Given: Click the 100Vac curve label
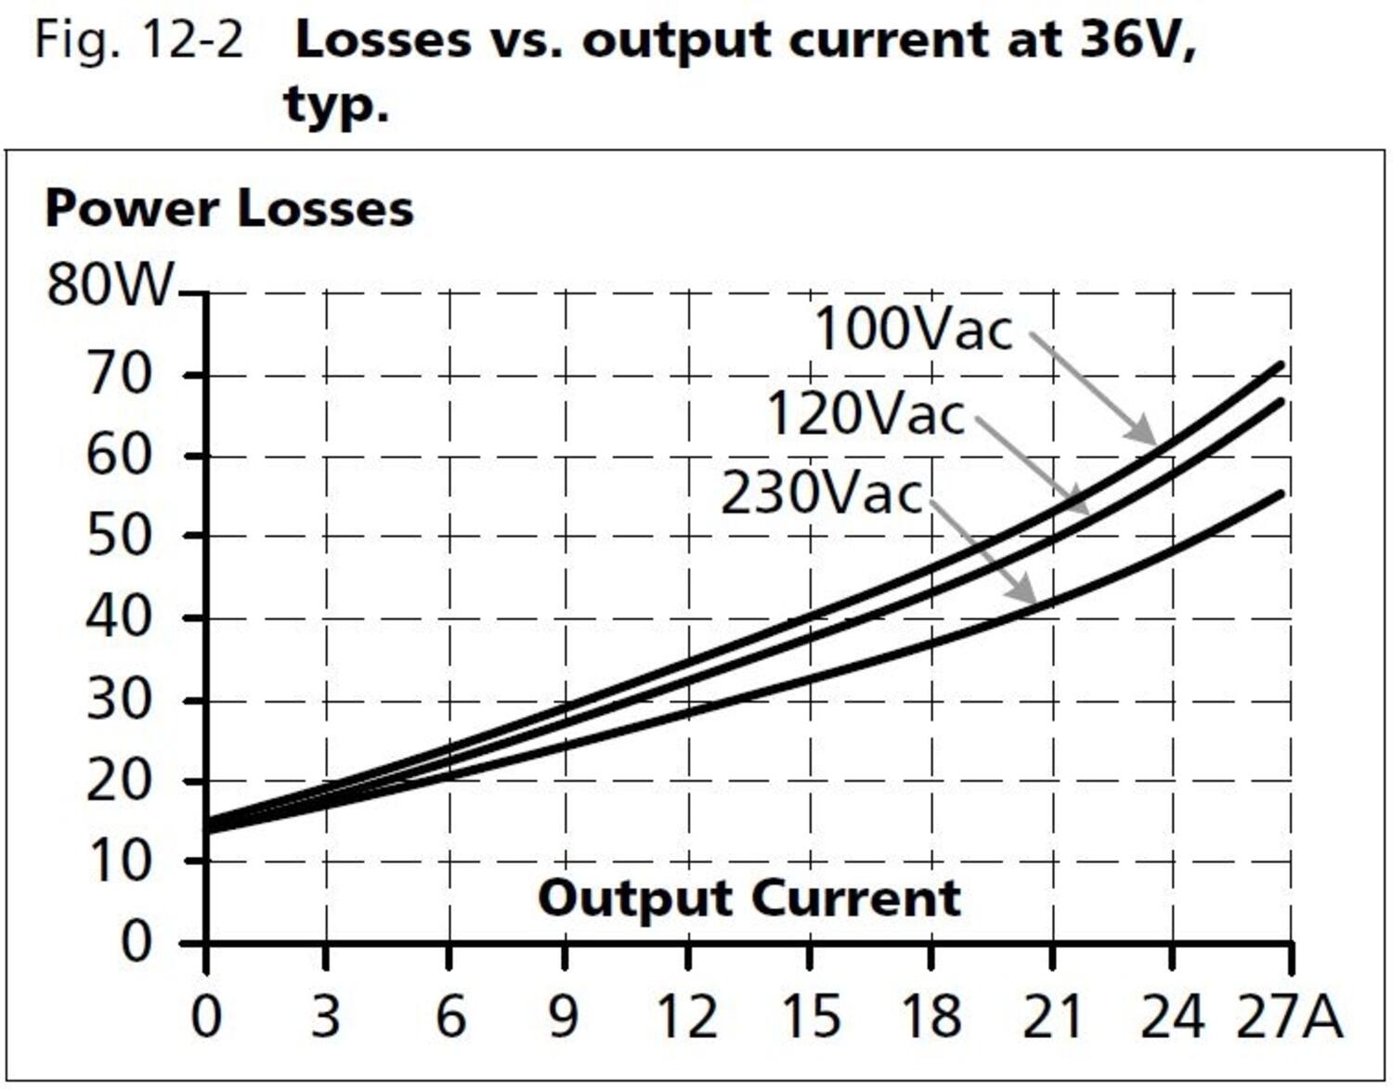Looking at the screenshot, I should (x=913, y=329).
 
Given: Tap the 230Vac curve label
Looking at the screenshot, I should (x=822, y=493).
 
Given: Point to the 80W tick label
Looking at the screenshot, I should (x=110, y=284).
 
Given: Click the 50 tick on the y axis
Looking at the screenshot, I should (x=118, y=536).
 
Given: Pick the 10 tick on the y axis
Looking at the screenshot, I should (x=118, y=862).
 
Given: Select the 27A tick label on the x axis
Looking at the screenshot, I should (x=1289, y=1018).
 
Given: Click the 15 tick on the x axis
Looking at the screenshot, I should (x=811, y=1018).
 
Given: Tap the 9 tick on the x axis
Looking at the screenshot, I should (x=564, y=1018).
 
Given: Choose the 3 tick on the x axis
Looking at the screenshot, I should (x=325, y=1018).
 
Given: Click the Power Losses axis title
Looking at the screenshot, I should (x=228, y=208).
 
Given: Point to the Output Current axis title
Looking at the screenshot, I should (x=749, y=898).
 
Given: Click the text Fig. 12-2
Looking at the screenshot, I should (x=138, y=40).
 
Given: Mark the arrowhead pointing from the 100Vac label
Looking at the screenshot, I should (x=1146, y=435).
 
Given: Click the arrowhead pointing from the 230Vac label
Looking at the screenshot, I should (x=1025, y=594).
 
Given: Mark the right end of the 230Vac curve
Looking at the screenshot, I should (x=1281, y=494).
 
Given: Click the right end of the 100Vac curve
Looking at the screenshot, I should (x=1281, y=365).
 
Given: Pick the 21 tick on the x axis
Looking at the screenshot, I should (x=1051, y=1018).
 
